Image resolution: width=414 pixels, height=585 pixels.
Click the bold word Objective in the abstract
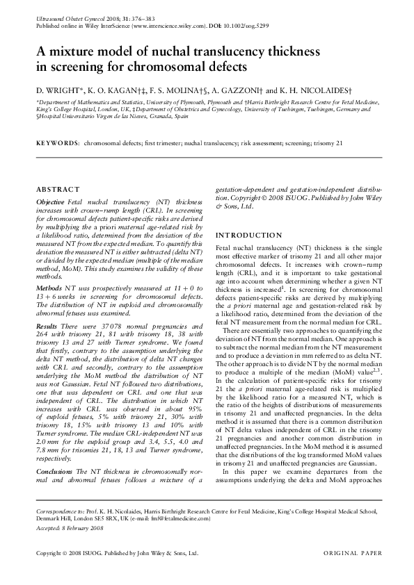[50, 201]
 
